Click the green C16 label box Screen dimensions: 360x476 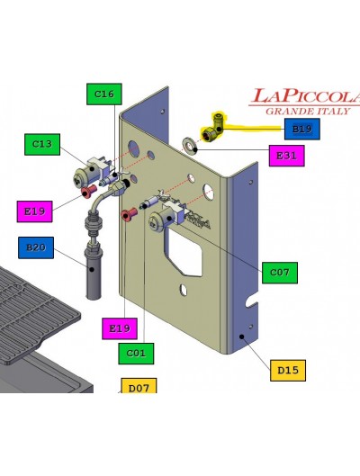pyautogui.click(x=104, y=94)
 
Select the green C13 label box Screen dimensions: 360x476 pyautogui.click(x=42, y=144)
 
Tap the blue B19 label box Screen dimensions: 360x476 pyautogui.click(x=302, y=129)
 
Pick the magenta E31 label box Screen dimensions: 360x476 pyautogui.click(x=287, y=156)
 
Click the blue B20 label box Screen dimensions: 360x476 pyautogui.click(x=36, y=247)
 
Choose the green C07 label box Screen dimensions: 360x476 pyautogui.click(x=280, y=273)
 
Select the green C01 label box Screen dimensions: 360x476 pyautogui.click(x=136, y=354)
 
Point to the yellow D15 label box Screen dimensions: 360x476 pyautogui.click(x=288, y=371)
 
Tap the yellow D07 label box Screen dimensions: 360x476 pyautogui.click(x=139, y=385)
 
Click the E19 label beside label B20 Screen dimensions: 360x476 pyautogui.click(x=34, y=211)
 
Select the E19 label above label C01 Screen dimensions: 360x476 pyautogui.click(x=120, y=328)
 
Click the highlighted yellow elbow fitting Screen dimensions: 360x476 pyautogui.click(x=214, y=128)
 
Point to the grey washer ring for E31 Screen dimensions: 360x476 pyautogui.click(x=190, y=145)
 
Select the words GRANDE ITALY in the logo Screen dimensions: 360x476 pyautogui.click(x=308, y=111)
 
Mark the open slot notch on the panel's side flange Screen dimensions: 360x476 pyautogui.click(x=253, y=302)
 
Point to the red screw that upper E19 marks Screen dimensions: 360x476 pyautogui.click(x=88, y=191)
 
